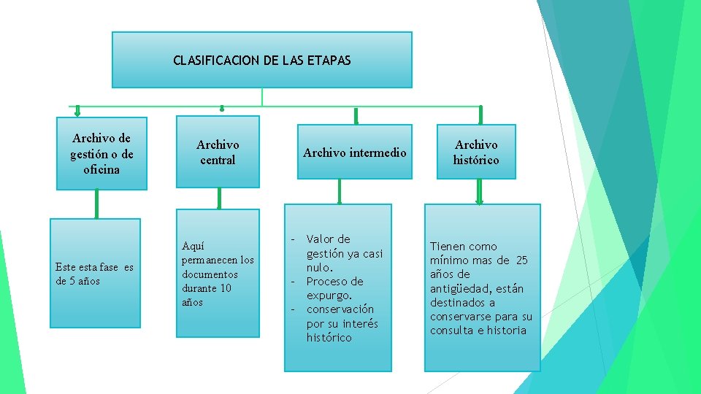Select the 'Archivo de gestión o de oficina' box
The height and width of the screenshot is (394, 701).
tap(101, 153)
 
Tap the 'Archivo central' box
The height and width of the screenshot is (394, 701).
tap(218, 152)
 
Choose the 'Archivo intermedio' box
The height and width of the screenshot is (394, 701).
tap(355, 152)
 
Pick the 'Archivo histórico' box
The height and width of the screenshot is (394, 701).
tap(476, 152)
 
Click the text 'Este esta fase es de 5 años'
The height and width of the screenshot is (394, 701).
tap(94, 274)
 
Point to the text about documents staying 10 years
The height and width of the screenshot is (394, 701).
tap(218, 274)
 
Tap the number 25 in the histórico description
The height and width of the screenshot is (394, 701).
tap(521, 260)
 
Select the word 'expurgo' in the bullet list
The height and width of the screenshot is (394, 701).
tap(328, 295)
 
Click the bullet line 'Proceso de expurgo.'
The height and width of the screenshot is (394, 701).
tap(334, 288)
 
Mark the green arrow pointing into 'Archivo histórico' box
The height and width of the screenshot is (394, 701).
tap(480, 115)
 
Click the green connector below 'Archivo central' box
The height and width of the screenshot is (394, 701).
tap(218, 198)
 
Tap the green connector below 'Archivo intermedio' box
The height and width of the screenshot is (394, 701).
tap(339, 191)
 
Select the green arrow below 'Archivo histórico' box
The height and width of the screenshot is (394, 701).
tap(480, 192)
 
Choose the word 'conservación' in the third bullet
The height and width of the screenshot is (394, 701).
tap(340, 309)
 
